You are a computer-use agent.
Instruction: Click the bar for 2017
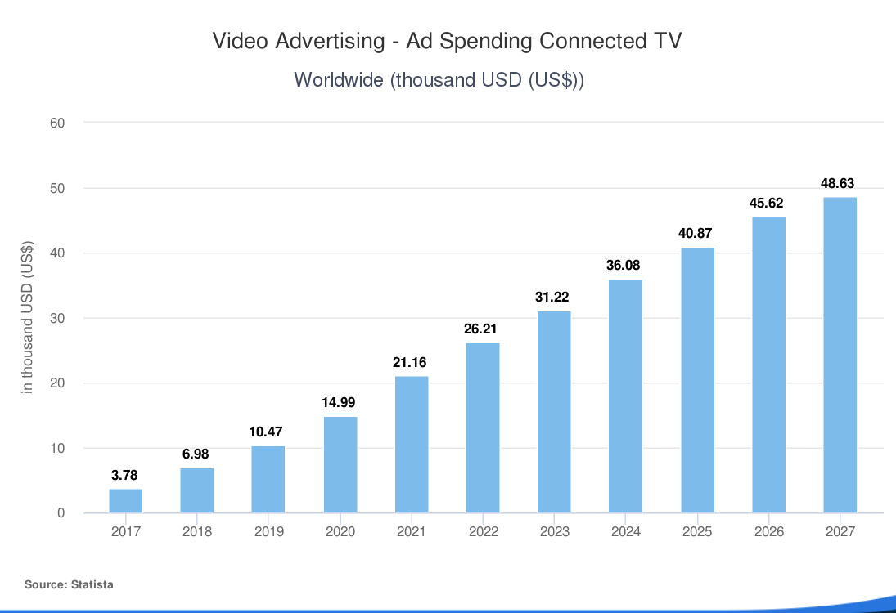tap(126, 501)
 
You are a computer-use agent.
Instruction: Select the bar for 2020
tap(340, 465)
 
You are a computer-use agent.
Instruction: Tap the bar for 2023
tap(554, 412)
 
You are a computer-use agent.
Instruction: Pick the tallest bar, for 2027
tap(840, 356)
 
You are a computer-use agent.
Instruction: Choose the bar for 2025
tap(697, 380)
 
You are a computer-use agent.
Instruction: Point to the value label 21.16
tap(411, 363)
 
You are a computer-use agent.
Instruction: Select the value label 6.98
tap(197, 454)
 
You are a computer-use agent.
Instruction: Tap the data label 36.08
tap(625, 266)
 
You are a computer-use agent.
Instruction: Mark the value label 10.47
tap(268, 432)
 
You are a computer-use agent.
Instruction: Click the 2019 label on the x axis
tap(268, 532)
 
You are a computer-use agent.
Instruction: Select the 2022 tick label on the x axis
tap(483, 532)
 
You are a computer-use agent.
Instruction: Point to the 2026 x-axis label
tap(768, 532)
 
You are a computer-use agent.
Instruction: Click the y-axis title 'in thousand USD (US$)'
tap(28, 318)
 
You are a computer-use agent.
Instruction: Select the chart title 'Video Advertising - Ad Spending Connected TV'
tap(447, 42)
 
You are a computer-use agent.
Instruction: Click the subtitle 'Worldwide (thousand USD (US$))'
tap(439, 80)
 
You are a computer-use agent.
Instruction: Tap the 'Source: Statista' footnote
tap(69, 584)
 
